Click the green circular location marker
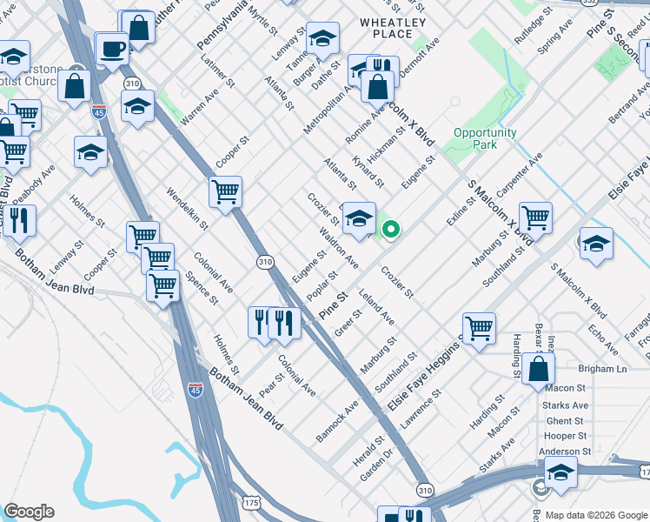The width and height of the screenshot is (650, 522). [391, 230]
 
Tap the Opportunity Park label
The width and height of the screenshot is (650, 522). [484, 138]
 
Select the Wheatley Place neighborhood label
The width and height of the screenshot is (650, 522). [393, 28]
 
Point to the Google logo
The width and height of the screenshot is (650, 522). [29, 512]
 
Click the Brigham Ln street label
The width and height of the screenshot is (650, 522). [597, 369]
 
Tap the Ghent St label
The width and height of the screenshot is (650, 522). [565, 420]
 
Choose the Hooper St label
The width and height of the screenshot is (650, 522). [565, 436]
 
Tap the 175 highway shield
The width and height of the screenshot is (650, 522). [251, 503]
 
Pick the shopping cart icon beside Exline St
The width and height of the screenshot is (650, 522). [535, 218]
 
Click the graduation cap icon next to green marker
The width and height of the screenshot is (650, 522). [358, 218]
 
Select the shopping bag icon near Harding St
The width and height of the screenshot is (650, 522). [539, 368]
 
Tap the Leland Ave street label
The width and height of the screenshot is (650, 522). [376, 309]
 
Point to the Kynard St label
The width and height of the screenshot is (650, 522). [368, 171]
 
